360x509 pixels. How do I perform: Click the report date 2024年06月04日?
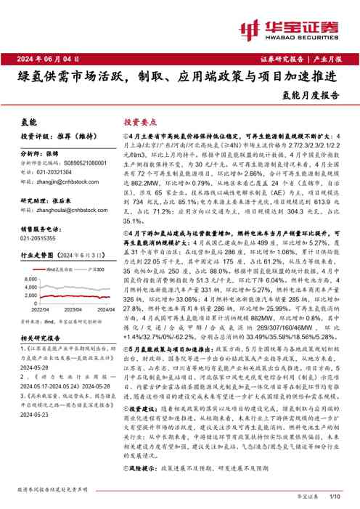coord(46,58)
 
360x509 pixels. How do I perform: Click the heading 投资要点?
coord(139,123)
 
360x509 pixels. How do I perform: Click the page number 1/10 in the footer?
coord(335,496)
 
